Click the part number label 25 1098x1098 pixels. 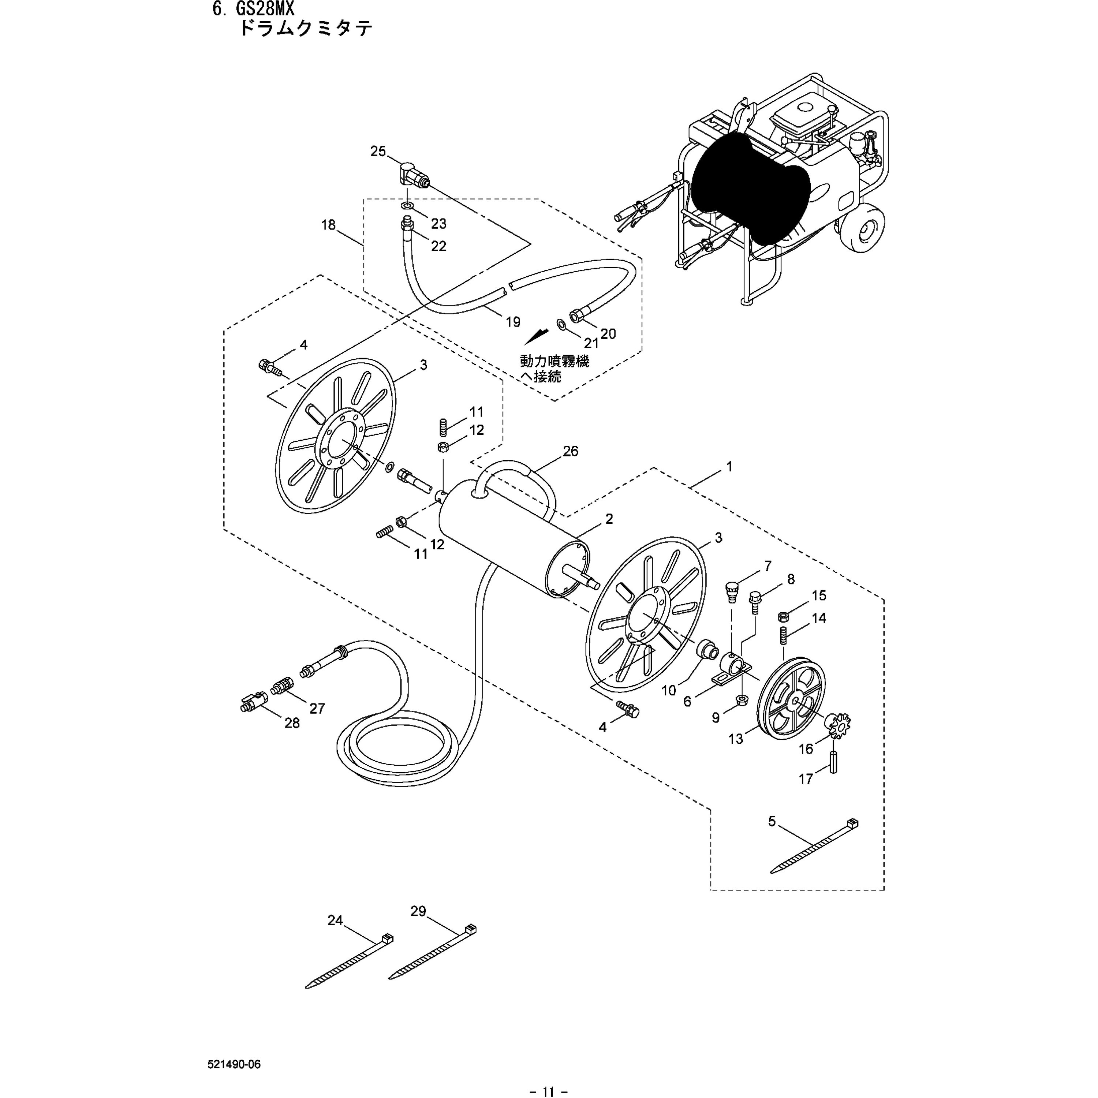(378, 151)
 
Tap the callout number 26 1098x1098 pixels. (570, 451)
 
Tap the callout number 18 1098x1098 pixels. (329, 225)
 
